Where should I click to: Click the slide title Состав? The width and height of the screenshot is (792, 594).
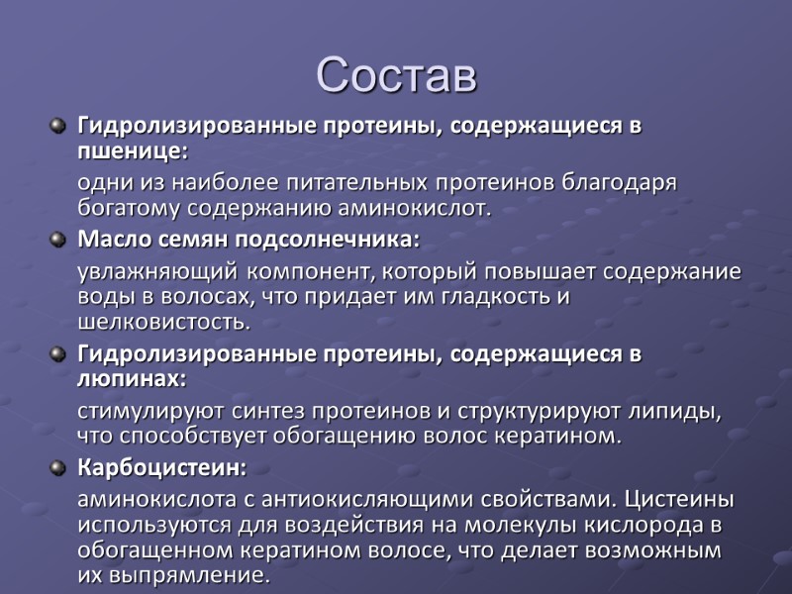click(396, 76)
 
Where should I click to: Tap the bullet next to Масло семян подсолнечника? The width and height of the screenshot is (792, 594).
click(57, 241)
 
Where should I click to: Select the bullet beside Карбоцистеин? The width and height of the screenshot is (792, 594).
click(57, 467)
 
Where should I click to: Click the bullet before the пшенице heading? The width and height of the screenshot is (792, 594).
click(57, 128)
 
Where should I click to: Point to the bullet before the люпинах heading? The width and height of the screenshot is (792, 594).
click(57, 354)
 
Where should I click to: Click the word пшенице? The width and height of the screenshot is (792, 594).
click(130, 153)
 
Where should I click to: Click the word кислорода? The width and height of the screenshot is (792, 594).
click(655, 524)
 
